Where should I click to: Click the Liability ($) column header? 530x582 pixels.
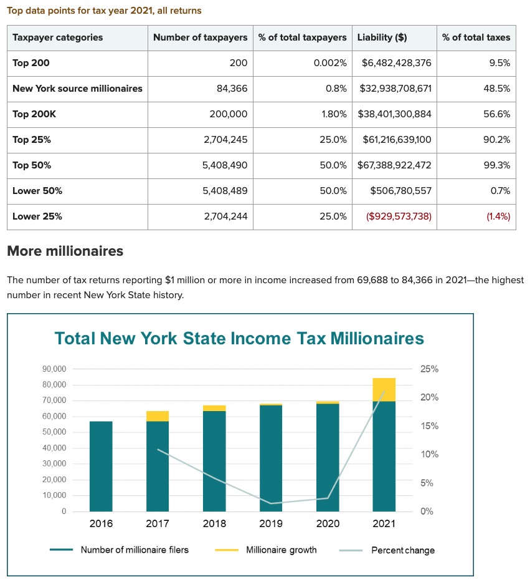pyautogui.click(x=382, y=37)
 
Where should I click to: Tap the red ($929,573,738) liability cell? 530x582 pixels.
pyautogui.click(x=399, y=216)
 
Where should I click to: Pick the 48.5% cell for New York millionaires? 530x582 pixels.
pyautogui.click(x=497, y=89)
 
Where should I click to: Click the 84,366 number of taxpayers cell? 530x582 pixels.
pyautogui.click(x=232, y=89)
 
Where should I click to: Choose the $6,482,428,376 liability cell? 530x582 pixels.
pyautogui.click(x=396, y=63)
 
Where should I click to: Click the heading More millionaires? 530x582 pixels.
pyautogui.click(x=65, y=251)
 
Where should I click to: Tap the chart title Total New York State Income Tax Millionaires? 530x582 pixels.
pyautogui.click(x=239, y=339)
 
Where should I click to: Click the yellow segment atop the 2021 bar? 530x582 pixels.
pyautogui.click(x=384, y=389)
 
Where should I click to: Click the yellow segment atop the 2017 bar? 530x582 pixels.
pyautogui.click(x=158, y=416)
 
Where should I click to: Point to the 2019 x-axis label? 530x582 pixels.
pyautogui.click(x=271, y=524)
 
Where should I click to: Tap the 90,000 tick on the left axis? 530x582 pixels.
pyautogui.click(x=54, y=369)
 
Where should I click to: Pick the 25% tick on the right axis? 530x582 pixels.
pyautogui.click(x=429, y=369)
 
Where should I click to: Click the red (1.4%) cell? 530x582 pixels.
pyautogui.click(x=498, y=216)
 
